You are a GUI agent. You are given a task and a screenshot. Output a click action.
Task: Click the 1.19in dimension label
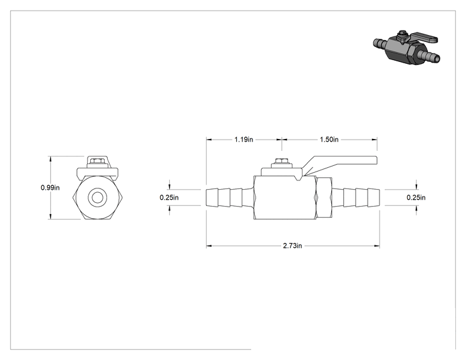[x=244, y=140]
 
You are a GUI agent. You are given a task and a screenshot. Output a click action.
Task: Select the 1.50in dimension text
[x=329, y=140]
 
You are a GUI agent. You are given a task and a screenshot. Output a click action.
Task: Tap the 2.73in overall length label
[x=293, y=246]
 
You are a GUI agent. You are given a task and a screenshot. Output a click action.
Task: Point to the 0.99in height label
[x=50, y=188]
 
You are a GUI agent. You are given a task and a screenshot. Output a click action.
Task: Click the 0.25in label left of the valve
[x=169, y=197]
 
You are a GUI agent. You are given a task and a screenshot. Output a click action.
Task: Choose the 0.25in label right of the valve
[x=416, y=197]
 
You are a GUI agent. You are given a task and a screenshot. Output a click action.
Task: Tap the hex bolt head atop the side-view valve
[x=281, y=161]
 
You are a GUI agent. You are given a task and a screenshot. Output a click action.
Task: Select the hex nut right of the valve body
[x=324, y=197]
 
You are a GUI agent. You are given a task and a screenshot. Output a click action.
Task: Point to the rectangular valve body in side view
[x=285, y=198]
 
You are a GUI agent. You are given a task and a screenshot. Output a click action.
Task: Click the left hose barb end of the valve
[x=230, y=197]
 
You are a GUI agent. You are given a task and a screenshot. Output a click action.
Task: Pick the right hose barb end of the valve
[x=356, y=197]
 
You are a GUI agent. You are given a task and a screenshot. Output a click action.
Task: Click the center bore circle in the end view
[x=97, y=197]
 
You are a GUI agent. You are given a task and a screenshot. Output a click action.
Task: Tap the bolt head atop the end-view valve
[x=97, y=161]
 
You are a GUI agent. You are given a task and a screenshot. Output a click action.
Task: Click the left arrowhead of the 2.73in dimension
[x=209, y=246]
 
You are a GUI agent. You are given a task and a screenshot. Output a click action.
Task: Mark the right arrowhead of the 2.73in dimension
[x=377, y=246]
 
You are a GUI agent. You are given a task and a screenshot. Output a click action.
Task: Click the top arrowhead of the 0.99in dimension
[x=51, y=159]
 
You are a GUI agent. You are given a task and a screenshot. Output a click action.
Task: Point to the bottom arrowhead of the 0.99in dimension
[x=51, y=217]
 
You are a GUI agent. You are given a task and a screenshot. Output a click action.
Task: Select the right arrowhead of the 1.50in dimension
[x=375, y=140]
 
